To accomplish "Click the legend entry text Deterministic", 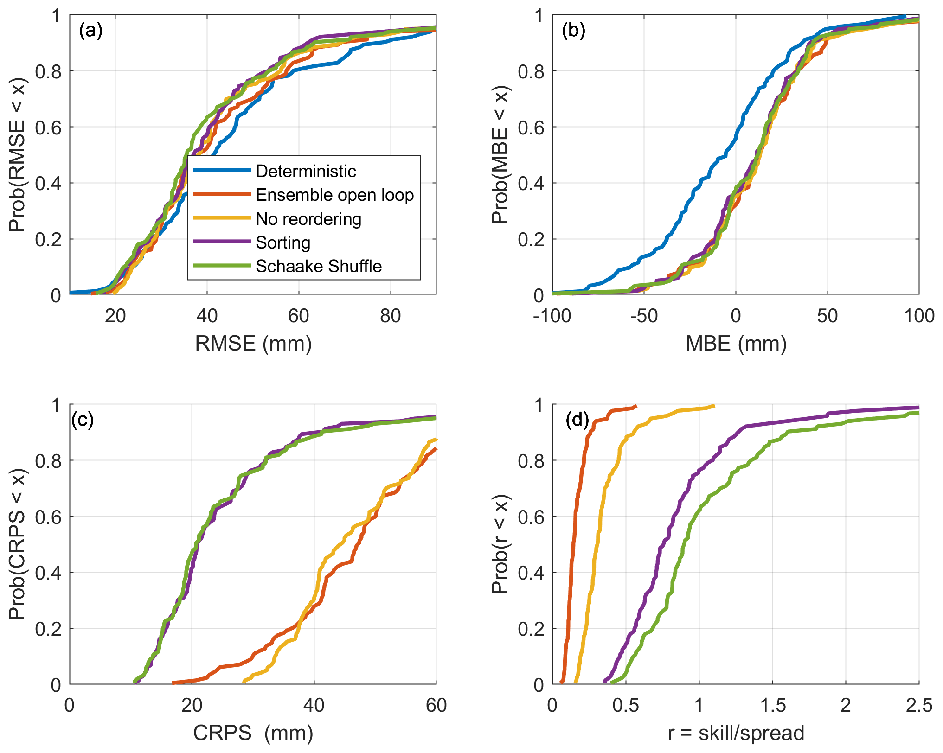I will click(x=306, y=171).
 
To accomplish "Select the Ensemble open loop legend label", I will click(x=334, y=195).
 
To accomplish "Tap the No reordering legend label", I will click(x=308, y=219).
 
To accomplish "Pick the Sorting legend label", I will click(x=283, y=242).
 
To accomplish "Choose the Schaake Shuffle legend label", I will click(x=319, y=266).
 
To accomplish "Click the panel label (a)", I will click(x=90, y=31).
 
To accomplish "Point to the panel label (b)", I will click(x=573, y=31).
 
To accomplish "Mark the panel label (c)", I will click(x=82, y=420).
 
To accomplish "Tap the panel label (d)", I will click(x=577, y=420).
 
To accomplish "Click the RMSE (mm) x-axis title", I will click(x=253, y=344).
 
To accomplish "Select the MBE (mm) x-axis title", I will click(x=736, y=344).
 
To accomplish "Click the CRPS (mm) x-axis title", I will click(x=253, y=733).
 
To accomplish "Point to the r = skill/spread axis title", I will click(x=736, y=733).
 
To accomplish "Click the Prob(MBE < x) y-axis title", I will click(x=500, y=155).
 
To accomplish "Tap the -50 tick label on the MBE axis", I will click(x=644, y=316).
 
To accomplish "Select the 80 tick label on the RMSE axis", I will click(x=390, y=316).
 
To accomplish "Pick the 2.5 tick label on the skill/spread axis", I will click(x=919, y=706).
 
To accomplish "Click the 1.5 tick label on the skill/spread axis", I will click(x=773, y=706).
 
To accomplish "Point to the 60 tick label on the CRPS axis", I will click(x=436, y=706).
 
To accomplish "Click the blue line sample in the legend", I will click(x=222, y=170).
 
